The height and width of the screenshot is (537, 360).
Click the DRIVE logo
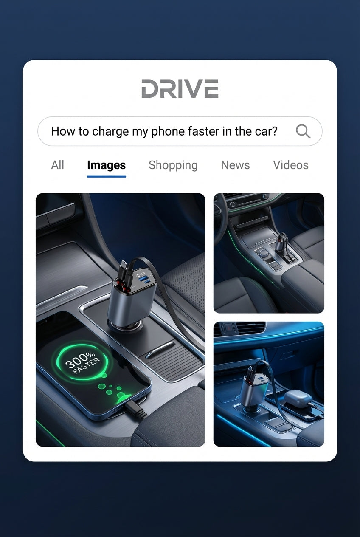[180, 89]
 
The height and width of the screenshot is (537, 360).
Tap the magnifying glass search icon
[303, 131]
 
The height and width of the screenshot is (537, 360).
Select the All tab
[57, 165]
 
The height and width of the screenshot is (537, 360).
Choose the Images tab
[106, 165]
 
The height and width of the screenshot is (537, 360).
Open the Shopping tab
[173, 165]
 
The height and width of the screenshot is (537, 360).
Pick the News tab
[235, 165]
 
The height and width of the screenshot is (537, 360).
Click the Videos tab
[290, 165]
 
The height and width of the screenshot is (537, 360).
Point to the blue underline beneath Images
[106, 176]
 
